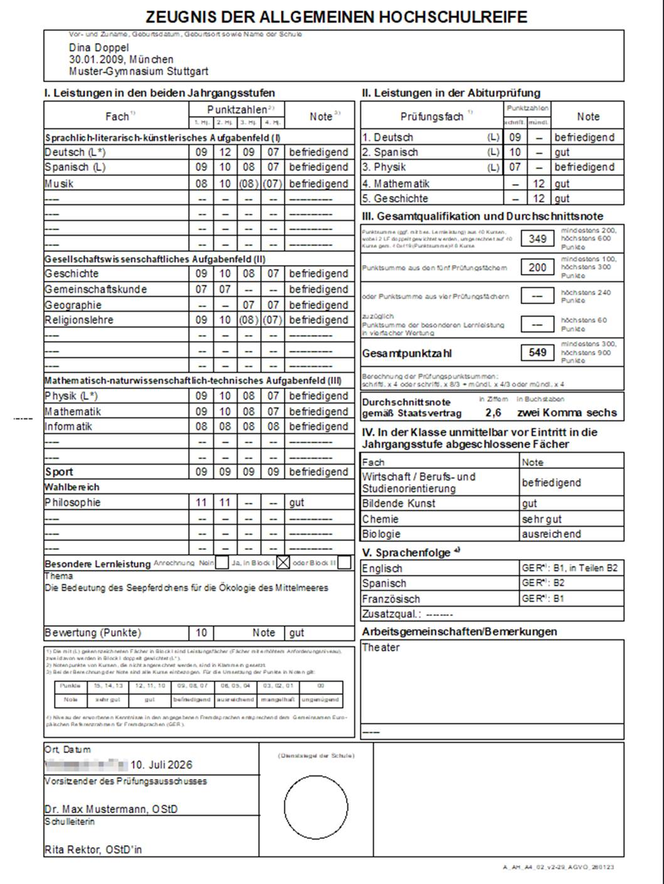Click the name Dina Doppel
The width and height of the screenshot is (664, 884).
coord(98,48)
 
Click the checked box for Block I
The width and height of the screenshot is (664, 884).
coord(283,562)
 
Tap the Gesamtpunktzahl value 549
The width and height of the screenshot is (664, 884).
coord(537,353)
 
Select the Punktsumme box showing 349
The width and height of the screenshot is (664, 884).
coord(537,239)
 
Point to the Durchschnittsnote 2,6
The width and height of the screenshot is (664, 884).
coord(493,413)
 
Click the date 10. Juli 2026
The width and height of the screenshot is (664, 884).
coord(161,765)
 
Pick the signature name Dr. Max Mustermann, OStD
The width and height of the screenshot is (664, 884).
coord(111,809)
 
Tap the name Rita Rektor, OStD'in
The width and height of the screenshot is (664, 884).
coord(93,850)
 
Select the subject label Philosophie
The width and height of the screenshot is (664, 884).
coord(73,502)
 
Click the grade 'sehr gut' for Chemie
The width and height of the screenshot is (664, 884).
coord(542,519)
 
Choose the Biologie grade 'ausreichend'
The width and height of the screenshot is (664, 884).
coord(551,534)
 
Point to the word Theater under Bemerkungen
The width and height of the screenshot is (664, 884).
coord(381,648)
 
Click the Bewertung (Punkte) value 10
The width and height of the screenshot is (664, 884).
coord(201,633)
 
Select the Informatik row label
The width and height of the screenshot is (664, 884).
coord(68,426)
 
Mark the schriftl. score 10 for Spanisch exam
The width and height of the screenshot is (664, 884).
coord(515,152)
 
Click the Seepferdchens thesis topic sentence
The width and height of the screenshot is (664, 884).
coord(186,588)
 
